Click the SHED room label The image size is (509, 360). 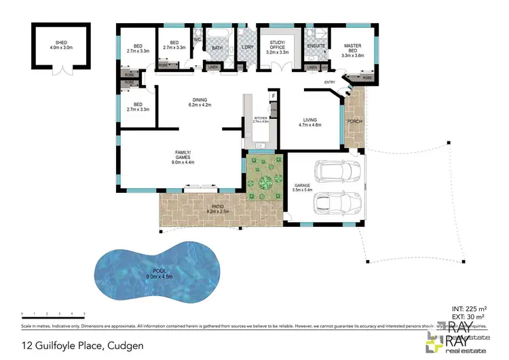60,46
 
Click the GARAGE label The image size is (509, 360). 302,186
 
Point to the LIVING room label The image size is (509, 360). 310,122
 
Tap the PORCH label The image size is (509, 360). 353,122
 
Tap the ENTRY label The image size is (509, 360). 330,83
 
